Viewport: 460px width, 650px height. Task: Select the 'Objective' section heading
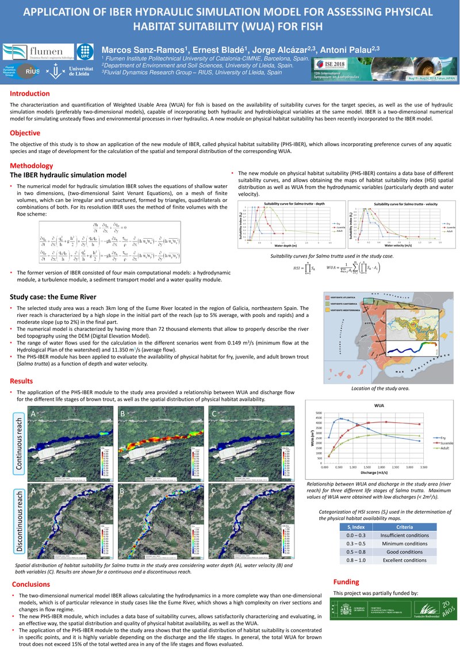pyautogui.click(x=25, y=133)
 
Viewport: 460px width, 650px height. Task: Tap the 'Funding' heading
pyautogui.click(x=347, y=581)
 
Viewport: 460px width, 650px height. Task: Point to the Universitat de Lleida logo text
pyautogui.click(x=79, y=72)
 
